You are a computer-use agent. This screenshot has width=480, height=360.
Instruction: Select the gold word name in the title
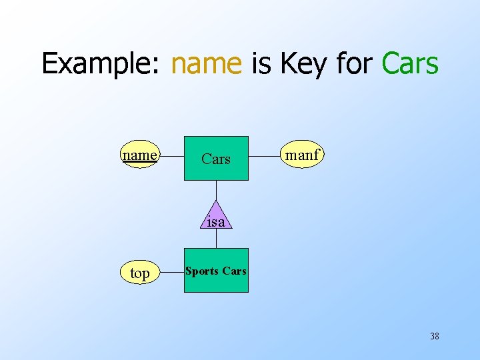coord(206,64)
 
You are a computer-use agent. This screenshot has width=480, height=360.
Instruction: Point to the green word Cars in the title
coord(410,64)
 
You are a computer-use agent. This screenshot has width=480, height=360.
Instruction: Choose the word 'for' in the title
coord(356,64)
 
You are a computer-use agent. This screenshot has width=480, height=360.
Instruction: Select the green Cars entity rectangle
coord(216,159)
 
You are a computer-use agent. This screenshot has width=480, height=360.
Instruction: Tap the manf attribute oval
coord(302,156)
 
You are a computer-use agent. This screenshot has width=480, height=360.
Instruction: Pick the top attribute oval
coord(140,273)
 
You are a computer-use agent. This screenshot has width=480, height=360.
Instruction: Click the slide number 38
coord(435,336)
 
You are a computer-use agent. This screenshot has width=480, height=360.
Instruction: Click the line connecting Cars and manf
coord(265,157)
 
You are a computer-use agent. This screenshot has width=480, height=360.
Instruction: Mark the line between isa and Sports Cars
coord(216,239)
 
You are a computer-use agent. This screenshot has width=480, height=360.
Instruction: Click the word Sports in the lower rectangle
coord(202,271)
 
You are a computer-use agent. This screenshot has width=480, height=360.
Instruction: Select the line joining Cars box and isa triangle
coord(216,190)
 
